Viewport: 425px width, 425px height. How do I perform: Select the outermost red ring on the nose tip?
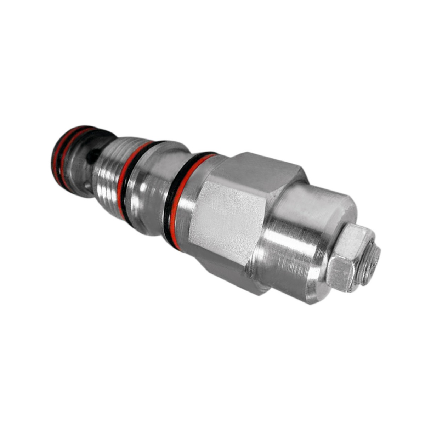[57, 156]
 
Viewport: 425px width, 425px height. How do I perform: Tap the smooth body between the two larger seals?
[149, 191]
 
